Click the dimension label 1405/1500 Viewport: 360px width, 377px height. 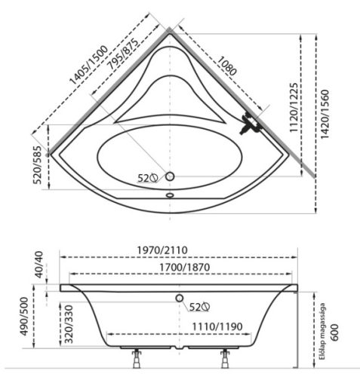(x=88, y=65)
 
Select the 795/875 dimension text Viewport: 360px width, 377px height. (x=123, y=54)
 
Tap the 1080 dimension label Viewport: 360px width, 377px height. (x=226, y=66)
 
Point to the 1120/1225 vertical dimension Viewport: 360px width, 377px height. (x=294, y=108)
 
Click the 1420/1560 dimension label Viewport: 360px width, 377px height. (x=325, y=114)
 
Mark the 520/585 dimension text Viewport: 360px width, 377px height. (x=38, y=165)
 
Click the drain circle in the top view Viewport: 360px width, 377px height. (x=170, y=176)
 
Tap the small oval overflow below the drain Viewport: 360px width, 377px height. (x=170, y=195)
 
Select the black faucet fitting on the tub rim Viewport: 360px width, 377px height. (x=250, y=123)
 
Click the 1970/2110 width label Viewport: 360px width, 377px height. (x=162, y=250)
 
